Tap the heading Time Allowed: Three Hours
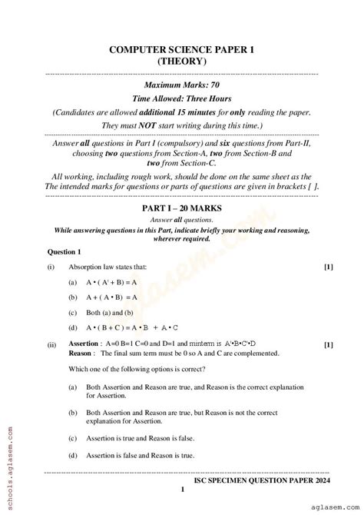point(181,98)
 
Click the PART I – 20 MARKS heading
point(181,208)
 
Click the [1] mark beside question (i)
point(328,267)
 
